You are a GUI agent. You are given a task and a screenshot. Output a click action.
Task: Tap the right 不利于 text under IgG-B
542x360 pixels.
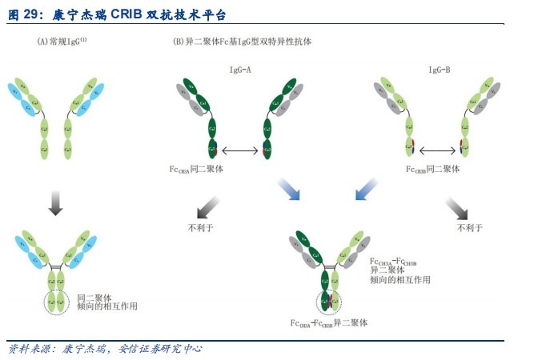coord(469,228)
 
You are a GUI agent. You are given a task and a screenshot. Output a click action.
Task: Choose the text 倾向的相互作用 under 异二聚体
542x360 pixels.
coord(399,280)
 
